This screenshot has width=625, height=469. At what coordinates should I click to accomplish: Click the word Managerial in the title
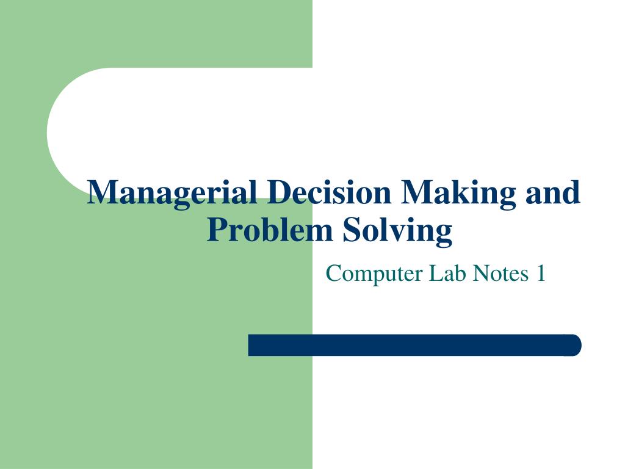[x=170, y=193]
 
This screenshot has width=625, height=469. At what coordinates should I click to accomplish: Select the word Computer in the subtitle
[x=374, y=274]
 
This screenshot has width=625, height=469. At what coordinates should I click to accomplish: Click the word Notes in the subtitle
[x=500, y=273]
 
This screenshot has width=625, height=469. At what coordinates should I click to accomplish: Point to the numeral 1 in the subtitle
[x=541, y=273]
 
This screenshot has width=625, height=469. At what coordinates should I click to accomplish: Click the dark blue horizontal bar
[x=414, y=345]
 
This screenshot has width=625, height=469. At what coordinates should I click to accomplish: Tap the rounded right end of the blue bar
[x=574, y=345]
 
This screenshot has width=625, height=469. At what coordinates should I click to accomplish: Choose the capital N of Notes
[x=480, y=273]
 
